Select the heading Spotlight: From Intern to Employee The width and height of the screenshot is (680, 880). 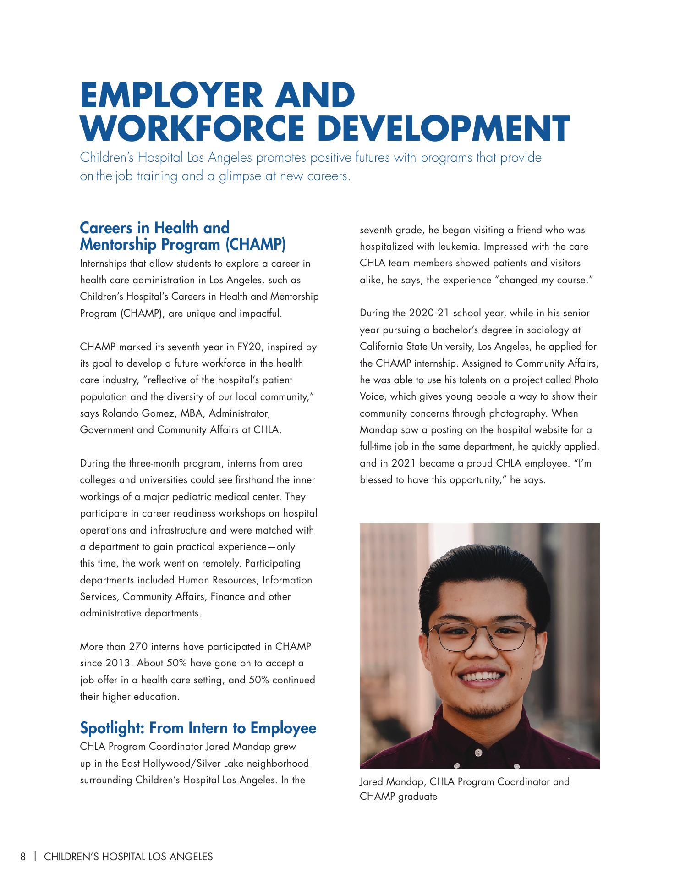[198, 727]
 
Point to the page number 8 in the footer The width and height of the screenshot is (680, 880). [23, 856]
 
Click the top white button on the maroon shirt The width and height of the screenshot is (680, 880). [478, 753]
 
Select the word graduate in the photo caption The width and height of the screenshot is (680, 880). [417, 796]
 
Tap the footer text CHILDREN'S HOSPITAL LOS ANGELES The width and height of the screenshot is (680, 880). [128, 856]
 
